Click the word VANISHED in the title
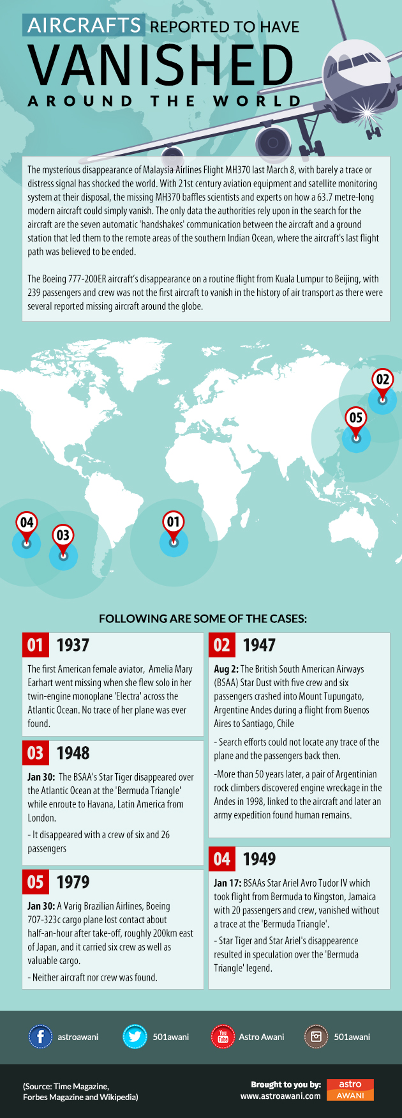161,65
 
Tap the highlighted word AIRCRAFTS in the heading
84,25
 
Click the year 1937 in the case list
73,645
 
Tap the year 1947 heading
259,645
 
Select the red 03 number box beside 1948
35,753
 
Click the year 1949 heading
259,859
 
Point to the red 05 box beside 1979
35,882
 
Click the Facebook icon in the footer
40,1036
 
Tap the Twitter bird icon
135,1036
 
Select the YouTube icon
223,1036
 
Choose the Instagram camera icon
316,1036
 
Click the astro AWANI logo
350,1090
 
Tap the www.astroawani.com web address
280,1096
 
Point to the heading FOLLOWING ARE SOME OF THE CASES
203,618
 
